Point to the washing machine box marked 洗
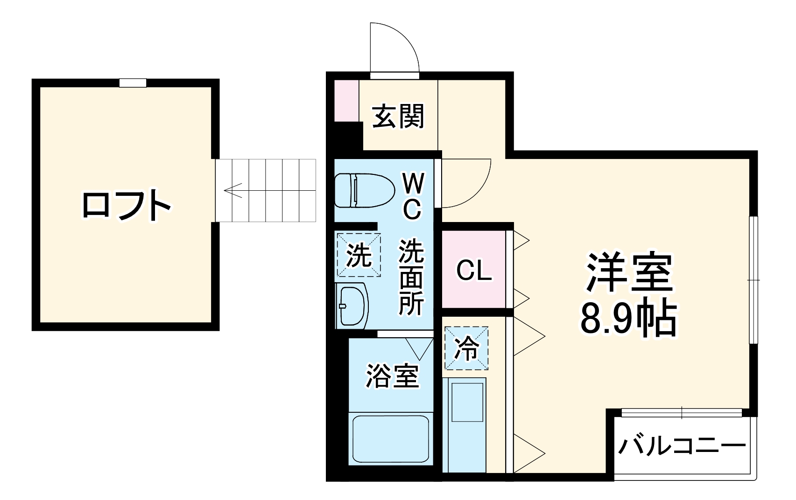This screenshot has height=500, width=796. click(359, 255)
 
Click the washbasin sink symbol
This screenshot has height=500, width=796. click(352, 305)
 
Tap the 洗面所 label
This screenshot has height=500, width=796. click(411, 278)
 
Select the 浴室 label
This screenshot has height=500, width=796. click(392, 376)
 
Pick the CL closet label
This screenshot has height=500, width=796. click(474, 271)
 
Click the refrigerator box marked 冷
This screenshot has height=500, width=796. click(466, 348)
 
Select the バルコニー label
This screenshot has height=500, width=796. click(682, 447)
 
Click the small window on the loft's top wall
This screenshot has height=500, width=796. click(133, 83)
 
